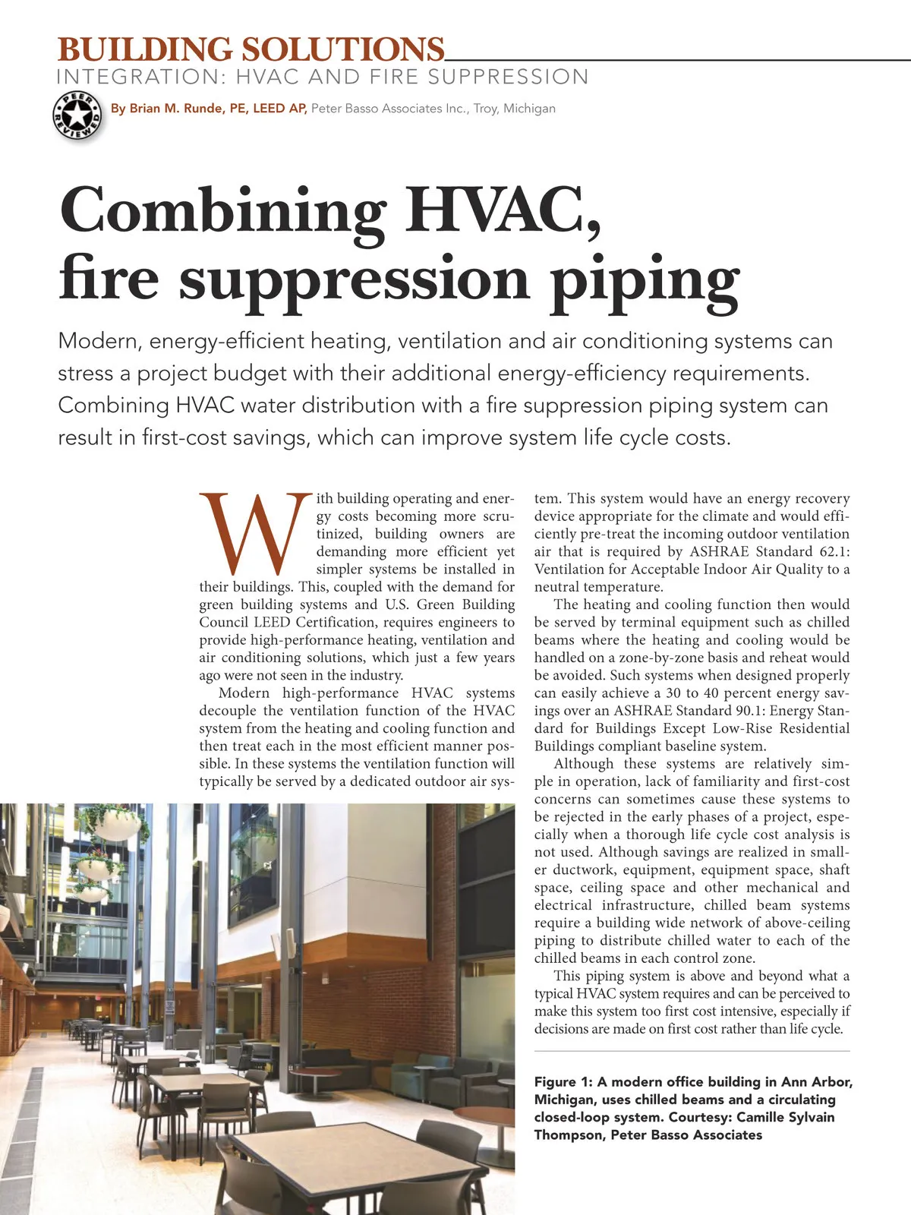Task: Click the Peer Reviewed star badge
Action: [x=77, y=115]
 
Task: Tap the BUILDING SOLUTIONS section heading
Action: [x=251, y=50]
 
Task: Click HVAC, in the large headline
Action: [x=503, y=210]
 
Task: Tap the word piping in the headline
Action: [x=645, y=279]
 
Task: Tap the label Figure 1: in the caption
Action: [x=563, y=1081]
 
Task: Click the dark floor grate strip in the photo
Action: [x=27, y=1139]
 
